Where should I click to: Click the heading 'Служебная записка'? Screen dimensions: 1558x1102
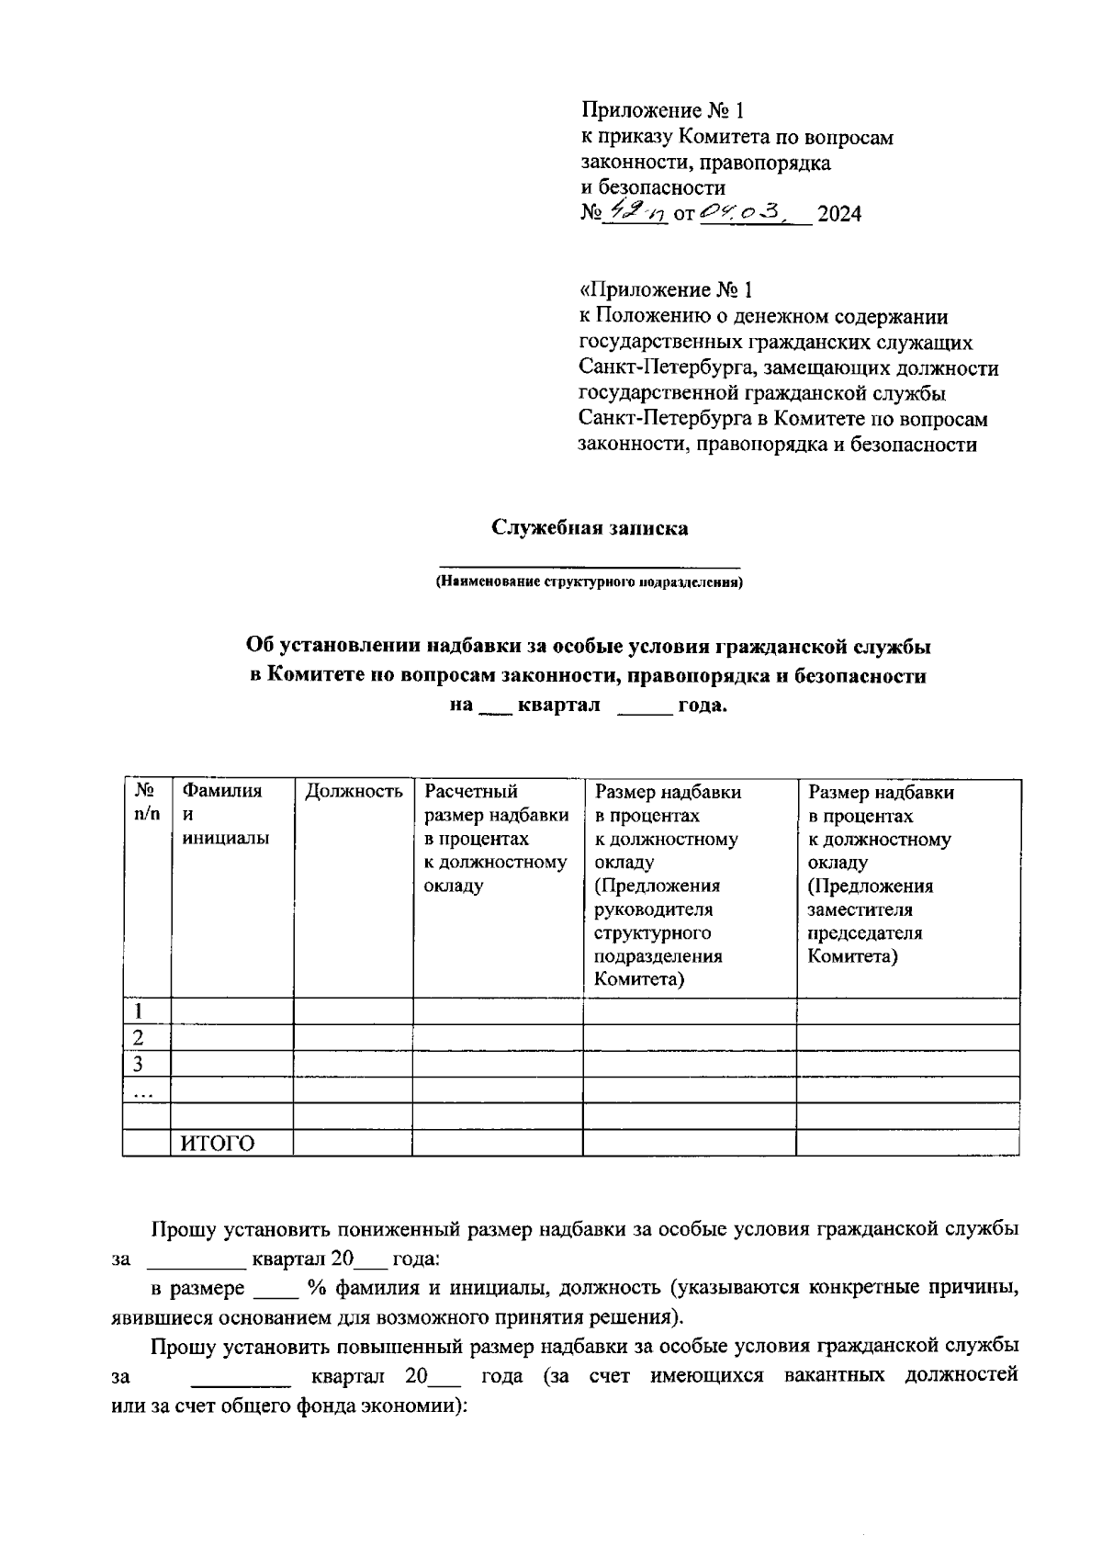589,528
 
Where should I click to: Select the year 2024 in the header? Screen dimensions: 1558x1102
839,215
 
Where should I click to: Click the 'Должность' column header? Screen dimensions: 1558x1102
354,791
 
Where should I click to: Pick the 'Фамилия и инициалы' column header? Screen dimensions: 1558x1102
221,814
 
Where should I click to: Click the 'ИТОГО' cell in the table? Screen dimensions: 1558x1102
217,1143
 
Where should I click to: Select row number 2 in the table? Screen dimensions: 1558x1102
139,1038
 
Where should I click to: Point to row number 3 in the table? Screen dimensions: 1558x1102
139,1065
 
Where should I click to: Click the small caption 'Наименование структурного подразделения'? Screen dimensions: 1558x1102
589,582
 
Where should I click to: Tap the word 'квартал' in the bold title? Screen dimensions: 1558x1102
558,706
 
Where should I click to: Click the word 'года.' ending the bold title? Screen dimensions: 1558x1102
702,706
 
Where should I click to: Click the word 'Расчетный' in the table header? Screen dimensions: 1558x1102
471,791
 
